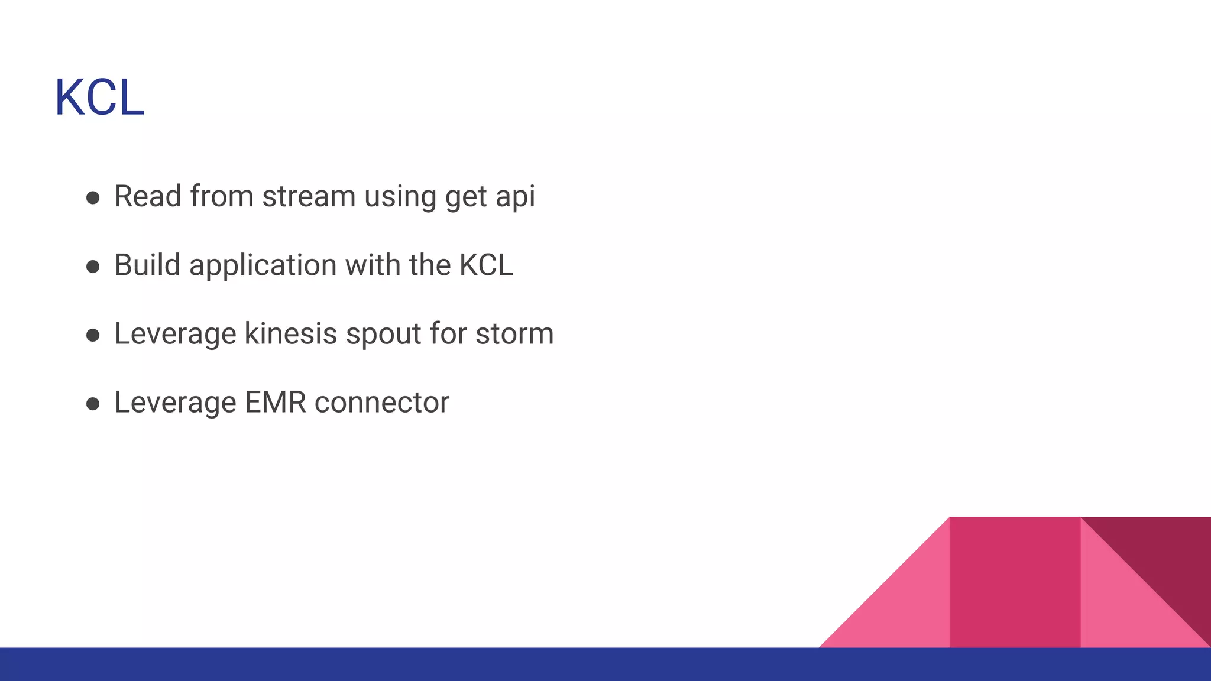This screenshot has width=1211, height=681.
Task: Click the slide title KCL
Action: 99,98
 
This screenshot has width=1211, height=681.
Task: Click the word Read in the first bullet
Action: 148,196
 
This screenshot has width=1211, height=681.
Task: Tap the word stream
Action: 309,196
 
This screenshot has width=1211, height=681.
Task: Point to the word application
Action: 263,266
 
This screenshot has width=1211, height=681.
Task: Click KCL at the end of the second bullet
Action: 486,265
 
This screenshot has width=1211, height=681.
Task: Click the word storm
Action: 514,333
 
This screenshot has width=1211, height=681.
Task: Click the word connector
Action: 382,403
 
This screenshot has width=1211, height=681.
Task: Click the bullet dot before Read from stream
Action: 93,197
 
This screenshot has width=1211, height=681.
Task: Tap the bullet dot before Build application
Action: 93,267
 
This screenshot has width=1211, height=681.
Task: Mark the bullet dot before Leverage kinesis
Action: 93,335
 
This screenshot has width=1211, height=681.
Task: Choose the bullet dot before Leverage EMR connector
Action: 93,404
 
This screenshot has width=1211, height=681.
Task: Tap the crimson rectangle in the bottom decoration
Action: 1015,582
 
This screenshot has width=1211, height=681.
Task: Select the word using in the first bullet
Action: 400,197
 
